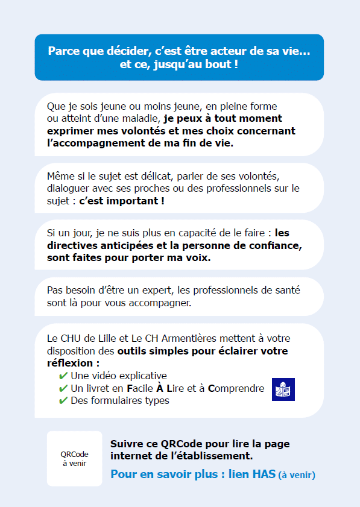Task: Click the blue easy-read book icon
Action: tap(283, 389)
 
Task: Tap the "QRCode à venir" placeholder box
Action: tap(75, 459)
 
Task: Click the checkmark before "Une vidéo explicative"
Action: tap(63, 376)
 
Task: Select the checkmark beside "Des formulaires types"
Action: tap(63, 400)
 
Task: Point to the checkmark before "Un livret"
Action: tap(63, 388)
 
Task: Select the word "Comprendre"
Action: tap(236, 388)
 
